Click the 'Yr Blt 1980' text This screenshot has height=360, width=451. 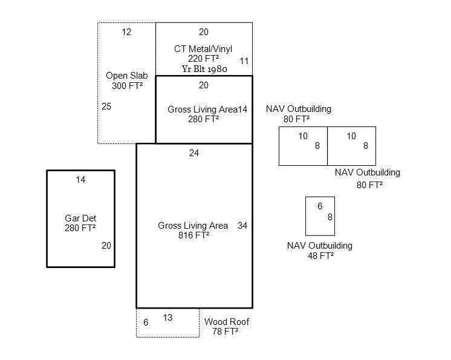click(x=204, y=69)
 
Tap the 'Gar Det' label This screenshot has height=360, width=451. click(x=80, y=218)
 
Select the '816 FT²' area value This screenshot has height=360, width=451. click(x=193, y=235)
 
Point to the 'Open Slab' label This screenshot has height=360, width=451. click(x=126, y=76)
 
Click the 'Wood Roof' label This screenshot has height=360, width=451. click(x=227, y=322)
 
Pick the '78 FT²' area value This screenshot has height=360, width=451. click(x=225, y=332)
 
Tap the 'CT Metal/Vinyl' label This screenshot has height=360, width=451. click(x=203, y=49)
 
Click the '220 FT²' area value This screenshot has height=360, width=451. click(x=203, y=59)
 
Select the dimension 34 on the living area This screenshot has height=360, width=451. click(x=242, y=226)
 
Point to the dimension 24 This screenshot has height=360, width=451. click(x=193, y=153)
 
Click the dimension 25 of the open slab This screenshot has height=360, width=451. click(x=106, y=106)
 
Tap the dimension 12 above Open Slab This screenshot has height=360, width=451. click(x=126, y=32)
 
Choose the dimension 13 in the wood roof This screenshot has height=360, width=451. click(x=167, y=318)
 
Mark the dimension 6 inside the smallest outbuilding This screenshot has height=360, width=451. click(x=320, y=206)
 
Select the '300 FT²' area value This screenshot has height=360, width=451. click(x=127, y=86)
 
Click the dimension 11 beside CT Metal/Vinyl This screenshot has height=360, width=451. click(x=244, y=61)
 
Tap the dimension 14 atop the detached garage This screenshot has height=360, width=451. click(x=80, y=180)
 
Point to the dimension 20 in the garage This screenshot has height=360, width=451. click(x=106, y=246)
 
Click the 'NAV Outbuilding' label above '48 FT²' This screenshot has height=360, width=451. click(x=319, y=246)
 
